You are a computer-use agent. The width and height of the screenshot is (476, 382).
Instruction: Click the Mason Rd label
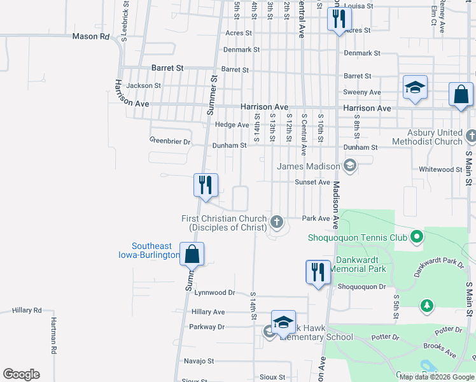coord(91,36)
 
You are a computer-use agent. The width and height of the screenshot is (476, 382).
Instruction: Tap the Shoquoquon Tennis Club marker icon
coord(417,237)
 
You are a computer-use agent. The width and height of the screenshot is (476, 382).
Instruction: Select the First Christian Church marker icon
coord(276,222)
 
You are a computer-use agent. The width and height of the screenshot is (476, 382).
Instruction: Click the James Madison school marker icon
coord(349,166)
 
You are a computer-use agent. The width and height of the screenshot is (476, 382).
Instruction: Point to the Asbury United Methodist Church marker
coord(471,136)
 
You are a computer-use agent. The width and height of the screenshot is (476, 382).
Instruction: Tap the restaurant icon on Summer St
coord(206,185)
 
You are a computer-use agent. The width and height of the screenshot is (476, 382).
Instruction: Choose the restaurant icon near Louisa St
coord(339,18)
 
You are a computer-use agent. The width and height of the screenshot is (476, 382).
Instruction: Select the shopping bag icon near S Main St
coord(461,94)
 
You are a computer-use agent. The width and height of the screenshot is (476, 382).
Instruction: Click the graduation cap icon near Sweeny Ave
coord(415,87)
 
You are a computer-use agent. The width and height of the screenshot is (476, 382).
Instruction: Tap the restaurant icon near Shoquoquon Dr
coord(318,272)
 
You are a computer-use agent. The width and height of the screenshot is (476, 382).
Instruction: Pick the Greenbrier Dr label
coord(170,141)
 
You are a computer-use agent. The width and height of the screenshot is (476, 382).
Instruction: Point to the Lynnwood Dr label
coord(214,293)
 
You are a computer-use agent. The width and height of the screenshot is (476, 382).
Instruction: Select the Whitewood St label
coord(440,169)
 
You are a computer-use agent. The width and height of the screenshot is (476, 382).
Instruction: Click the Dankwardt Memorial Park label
coord(358,264)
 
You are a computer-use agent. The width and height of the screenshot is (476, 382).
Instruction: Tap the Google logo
coord(21,374)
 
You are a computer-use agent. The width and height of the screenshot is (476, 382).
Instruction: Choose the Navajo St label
coord(199,361)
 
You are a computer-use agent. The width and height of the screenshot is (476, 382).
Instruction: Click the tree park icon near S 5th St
coord(426,307)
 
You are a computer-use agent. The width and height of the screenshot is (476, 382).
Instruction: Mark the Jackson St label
coord(143,85)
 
